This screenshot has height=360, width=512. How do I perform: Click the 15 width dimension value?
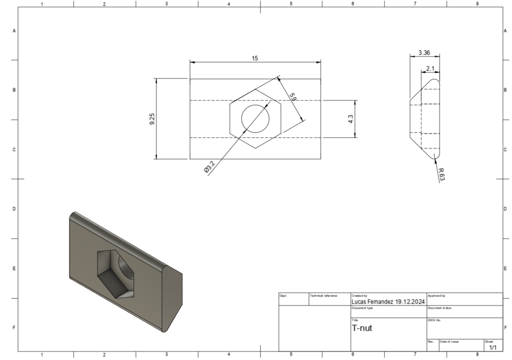point(255,58)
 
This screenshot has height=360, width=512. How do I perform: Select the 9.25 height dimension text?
point(152,119)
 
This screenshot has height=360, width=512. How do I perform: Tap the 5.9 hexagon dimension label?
point(293,97)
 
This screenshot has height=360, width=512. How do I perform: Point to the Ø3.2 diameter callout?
point(209,168)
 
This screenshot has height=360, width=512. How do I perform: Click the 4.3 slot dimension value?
point(351,119)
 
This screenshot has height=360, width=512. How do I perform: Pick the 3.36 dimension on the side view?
point(425,53)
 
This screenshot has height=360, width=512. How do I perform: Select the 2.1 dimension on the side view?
point(430,69)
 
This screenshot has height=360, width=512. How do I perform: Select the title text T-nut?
point(362,328)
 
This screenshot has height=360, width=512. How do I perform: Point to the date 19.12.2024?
point(410,301)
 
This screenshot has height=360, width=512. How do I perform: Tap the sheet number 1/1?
point(492,348)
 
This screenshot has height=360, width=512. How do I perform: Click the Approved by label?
point(437,295)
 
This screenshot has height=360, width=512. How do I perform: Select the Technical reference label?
point(324,295)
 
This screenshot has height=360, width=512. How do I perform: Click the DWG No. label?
point(434,320)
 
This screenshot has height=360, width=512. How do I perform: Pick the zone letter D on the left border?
point(14,209)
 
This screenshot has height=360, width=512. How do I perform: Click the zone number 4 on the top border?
point(228,4)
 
